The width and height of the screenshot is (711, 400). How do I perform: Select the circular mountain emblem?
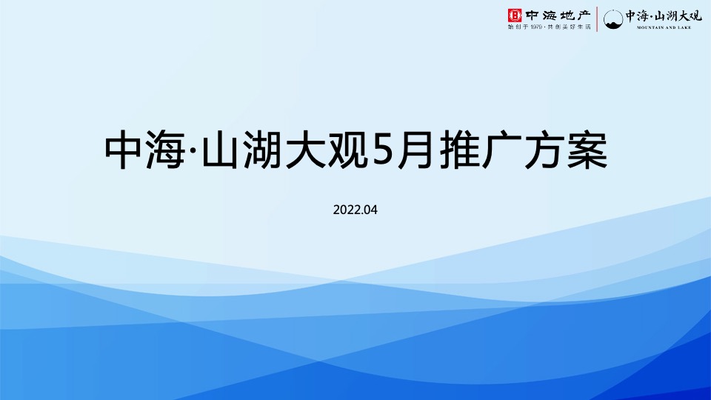coord(612,19)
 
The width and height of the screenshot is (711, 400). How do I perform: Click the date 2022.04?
coord(355,210)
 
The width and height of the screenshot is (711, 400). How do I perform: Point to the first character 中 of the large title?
coord(125,151)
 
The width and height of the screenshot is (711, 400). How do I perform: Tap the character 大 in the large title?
coord(305,151)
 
